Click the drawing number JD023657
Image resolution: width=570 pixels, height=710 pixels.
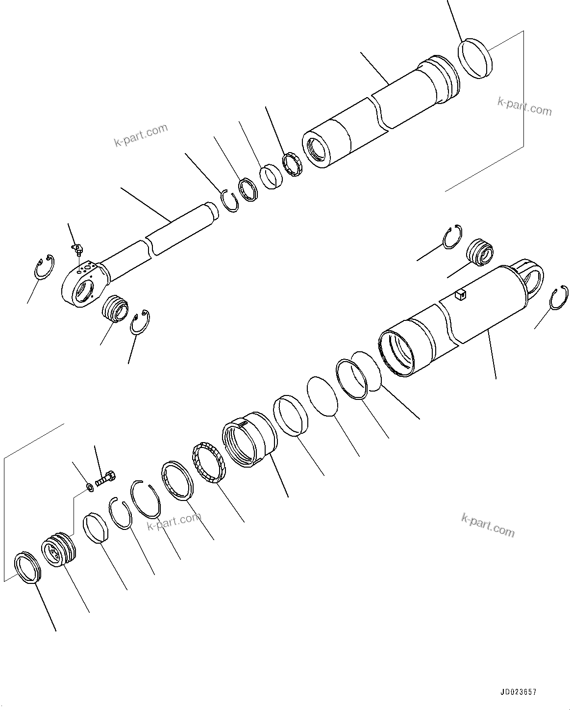click(518, 692)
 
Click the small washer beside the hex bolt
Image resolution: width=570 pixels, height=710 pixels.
click(90, 487)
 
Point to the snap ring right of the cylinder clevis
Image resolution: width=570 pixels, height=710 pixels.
click(559, 299)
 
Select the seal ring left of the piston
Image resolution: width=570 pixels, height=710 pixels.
click(27, 568)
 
